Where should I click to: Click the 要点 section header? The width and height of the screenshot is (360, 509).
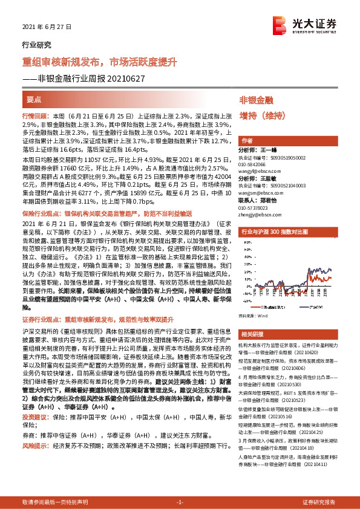[34, 99]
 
